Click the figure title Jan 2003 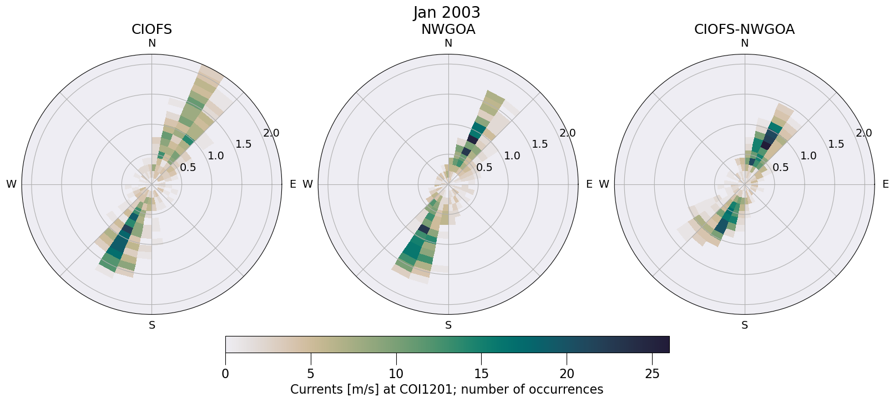[x=447, y=12]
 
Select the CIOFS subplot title [x=151, y=29]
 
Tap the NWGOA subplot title [x=448, y=29]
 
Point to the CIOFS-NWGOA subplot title [x=744, y=29]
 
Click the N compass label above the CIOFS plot [x=151, y=43]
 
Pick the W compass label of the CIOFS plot [x=11, y=184]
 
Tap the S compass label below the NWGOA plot [x=448, y=325]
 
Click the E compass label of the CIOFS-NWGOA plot [x=885, y=184]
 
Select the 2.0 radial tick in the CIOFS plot [x=271, y=133]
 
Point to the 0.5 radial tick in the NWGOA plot [x=484, y=167]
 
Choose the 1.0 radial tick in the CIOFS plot [x=216, y=156]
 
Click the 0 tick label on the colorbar [x=225, y=374]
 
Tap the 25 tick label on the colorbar [x=652, y=374]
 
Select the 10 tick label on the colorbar [x=396, y=374]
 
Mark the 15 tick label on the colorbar [x=481, y=374]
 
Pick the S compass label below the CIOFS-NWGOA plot [x=744, y=325]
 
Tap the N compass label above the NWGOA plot [x=448, y=43]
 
